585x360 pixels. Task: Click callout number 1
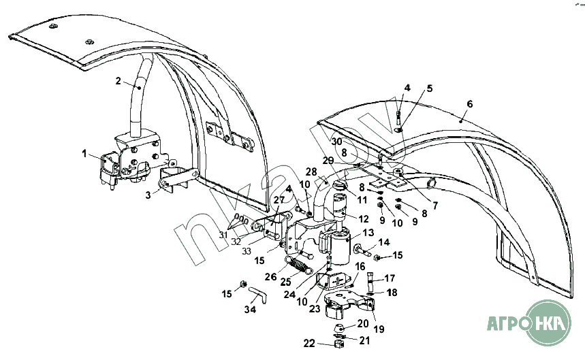[85, 154]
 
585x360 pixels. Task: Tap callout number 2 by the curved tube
[118, 81]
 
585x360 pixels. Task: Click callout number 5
[430, 88]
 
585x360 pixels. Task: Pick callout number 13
[368, 232]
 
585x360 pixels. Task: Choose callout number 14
[384, 242]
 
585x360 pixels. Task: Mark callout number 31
[223, 235]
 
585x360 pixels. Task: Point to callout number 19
[378, 329]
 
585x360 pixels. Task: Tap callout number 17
[390, 278]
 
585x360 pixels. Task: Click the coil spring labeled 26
[297, 262]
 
